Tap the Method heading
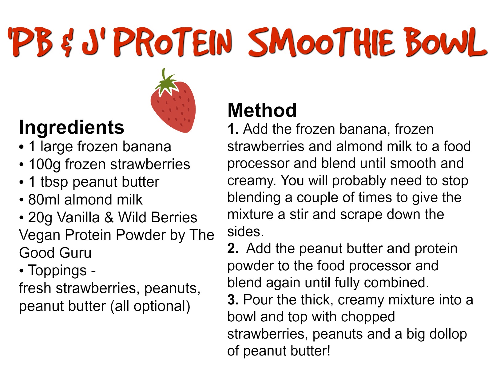(262, 110)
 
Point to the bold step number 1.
(233, 129)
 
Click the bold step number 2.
(233, 248)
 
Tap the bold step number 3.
(233, 300)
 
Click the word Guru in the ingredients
(75, 253)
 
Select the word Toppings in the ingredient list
(57, 271)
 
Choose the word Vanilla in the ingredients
(78, 217)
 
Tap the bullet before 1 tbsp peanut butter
(22, 182)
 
